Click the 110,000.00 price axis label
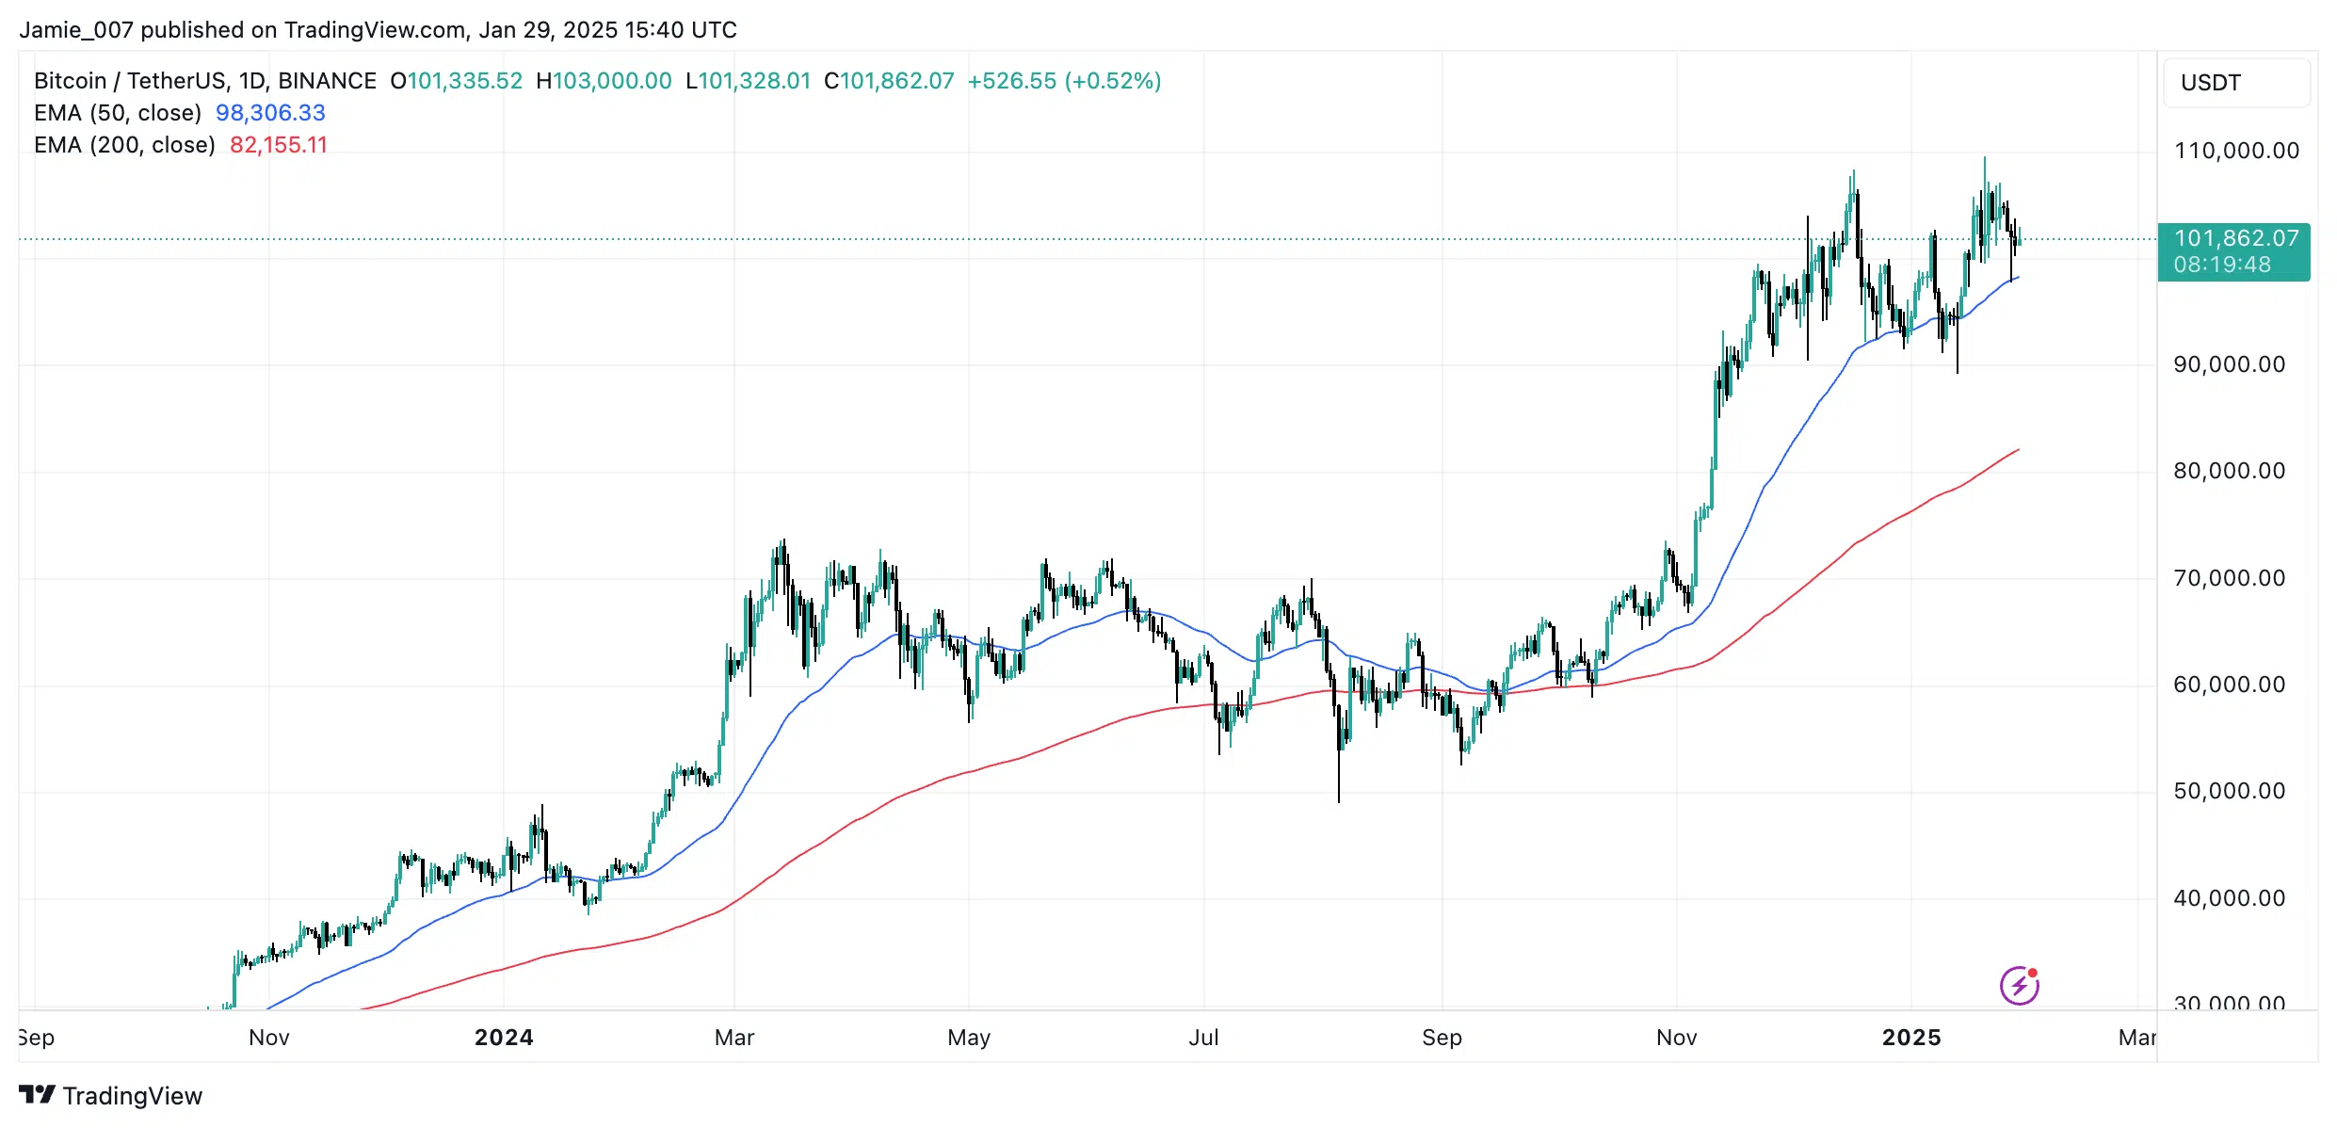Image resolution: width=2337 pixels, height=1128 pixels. point(2235,151)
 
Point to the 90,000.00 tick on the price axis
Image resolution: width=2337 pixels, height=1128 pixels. point(2229,364)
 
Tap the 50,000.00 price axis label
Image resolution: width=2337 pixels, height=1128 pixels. point(2229,791)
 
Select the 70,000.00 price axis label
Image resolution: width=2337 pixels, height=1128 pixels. point(2229,578)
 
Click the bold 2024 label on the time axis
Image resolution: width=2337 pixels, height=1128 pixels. point(504,1038)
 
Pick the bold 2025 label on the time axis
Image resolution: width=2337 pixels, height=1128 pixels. point(1911,1038)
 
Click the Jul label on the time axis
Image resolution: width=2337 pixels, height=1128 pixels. point(1203,1038)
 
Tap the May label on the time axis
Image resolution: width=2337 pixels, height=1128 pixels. point(969,1038)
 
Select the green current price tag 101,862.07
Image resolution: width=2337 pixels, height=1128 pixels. point(2233,251)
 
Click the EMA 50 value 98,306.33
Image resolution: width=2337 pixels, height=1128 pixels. point(270,113)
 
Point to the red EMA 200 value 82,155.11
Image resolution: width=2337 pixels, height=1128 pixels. point(279,145)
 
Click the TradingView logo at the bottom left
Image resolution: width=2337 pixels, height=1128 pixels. point(111,1096)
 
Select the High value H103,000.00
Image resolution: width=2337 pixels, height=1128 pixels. point(604,81)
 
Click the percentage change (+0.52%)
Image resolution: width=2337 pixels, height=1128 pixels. point(1113,81)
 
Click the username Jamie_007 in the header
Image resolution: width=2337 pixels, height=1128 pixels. point(76,30)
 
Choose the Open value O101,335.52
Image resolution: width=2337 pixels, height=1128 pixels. point(457,81)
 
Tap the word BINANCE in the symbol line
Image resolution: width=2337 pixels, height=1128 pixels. point(327,81)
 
